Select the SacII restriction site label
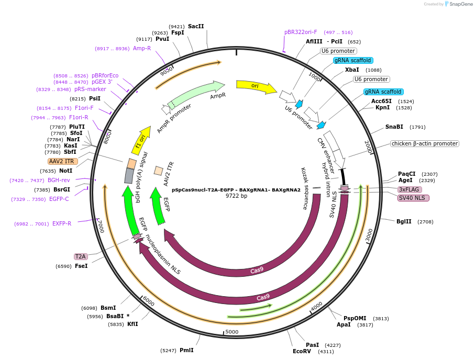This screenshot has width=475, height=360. click(196, 26)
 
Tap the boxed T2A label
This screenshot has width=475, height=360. click(81, 256)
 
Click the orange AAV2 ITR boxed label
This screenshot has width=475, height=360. click(63, 161)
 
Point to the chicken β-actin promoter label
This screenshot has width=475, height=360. click(424, 143)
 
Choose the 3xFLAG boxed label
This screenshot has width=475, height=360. click(409, 189)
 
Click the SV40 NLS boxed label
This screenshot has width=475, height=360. click(413, 198)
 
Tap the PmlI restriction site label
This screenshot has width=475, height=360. click(186, 350)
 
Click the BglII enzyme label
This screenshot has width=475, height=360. click(404, 221)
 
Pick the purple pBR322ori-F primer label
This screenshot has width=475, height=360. click(301, 32)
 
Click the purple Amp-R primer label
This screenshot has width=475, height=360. click(142, 48)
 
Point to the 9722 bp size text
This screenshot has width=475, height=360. click(236, 196)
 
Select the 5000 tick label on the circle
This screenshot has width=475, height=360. click(231, 332)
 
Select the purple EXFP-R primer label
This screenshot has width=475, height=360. click(62, 223)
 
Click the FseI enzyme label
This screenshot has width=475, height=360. click(81, 266)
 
